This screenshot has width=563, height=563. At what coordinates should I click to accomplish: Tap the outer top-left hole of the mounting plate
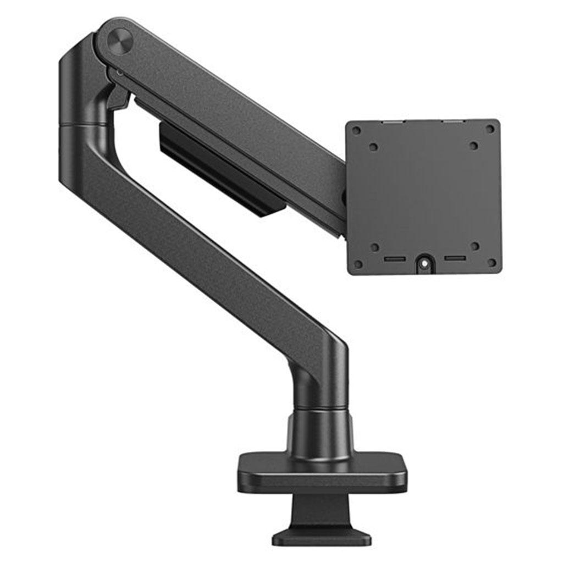(356, 130)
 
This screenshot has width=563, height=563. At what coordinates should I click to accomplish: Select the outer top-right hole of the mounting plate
(490, 129)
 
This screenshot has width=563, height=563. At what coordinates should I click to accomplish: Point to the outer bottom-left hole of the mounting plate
(358, 264)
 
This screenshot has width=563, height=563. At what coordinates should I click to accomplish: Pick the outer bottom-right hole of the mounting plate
(492, 263)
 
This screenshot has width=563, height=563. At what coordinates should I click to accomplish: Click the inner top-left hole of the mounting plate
(374, 147)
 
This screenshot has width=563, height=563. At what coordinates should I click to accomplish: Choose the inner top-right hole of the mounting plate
(473, 146)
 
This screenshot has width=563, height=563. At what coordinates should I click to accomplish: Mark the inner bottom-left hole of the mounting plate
(375, 247)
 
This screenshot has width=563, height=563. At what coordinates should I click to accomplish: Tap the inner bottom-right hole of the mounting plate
(474, 246)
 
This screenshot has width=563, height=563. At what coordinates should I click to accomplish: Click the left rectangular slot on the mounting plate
(395, 259)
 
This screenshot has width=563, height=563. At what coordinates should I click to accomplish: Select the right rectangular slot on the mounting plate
(455, 258)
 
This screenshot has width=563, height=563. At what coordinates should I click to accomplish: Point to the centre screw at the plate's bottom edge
(424, 264)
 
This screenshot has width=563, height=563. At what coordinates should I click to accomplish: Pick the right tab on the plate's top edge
(454, 120)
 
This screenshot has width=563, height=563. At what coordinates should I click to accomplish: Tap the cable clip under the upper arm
(220, 170)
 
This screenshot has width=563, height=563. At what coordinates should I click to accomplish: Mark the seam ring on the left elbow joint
(82, 125)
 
